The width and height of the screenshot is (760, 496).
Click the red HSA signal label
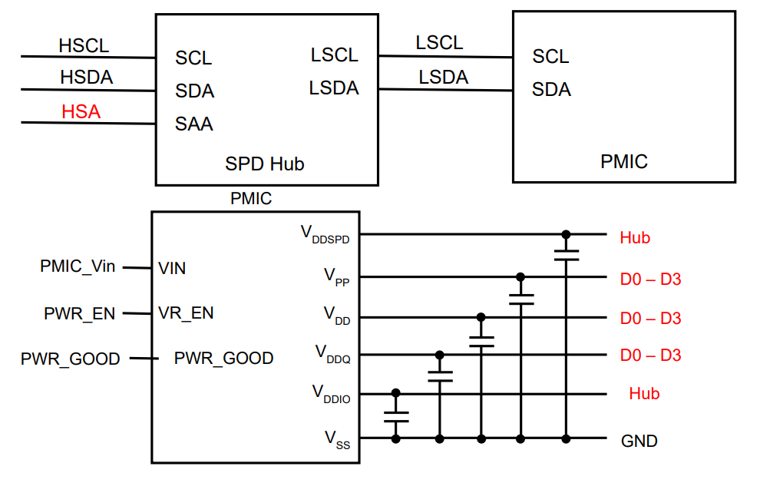81,112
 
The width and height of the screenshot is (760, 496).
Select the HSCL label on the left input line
84,46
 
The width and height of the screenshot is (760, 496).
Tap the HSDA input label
86,78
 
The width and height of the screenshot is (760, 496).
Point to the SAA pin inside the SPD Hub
194,124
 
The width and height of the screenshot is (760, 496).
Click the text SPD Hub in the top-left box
264,164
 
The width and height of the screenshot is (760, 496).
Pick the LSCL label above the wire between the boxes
439,43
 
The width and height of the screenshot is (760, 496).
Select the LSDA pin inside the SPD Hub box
334,88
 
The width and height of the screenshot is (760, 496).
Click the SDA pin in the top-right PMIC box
551,90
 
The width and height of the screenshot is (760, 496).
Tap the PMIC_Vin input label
78,266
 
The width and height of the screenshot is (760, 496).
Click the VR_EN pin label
186,313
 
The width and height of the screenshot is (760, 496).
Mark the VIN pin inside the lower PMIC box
172,269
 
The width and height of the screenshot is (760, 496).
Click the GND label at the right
639,441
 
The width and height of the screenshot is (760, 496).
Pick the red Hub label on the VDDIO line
644,394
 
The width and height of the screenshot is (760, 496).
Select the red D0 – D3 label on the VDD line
650,318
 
